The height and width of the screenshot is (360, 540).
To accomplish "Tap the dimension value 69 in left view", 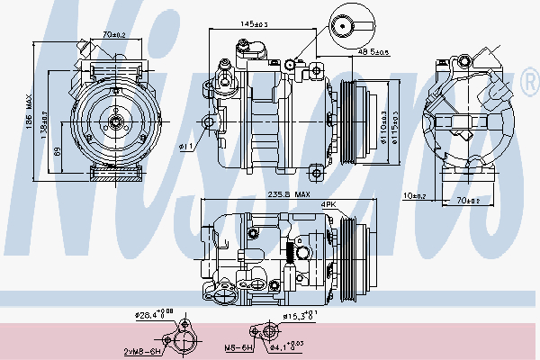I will (56, 152).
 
